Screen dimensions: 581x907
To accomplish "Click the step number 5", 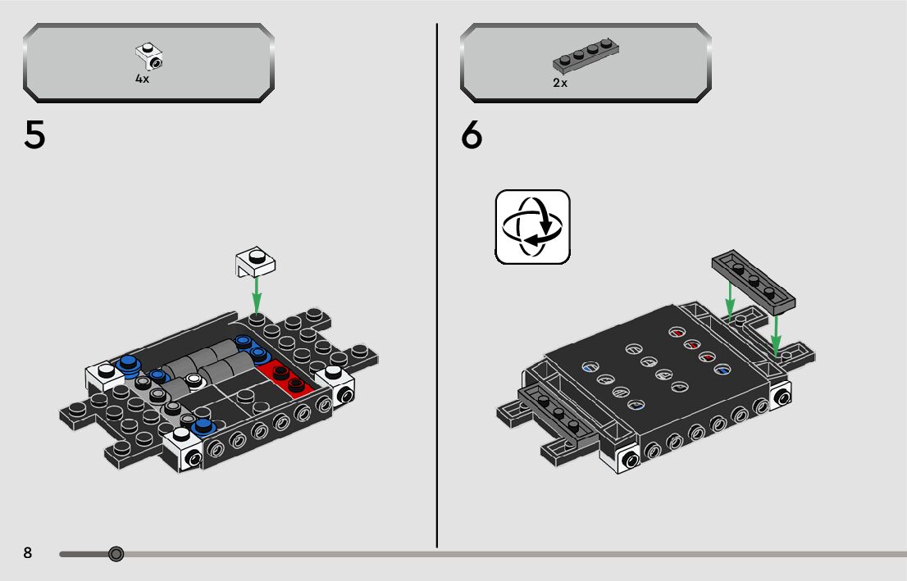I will pos(35,135).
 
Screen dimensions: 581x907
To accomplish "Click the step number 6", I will pos(472,135).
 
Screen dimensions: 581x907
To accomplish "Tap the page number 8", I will pos(28,553).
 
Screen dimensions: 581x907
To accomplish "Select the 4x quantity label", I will pos(142,79).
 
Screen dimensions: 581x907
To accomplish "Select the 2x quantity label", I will pos(560,83).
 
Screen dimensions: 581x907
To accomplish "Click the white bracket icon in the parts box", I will pos(149,56).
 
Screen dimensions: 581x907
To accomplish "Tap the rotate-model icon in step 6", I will pos(532,227).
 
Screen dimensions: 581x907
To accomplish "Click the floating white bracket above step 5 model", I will pos(255,261).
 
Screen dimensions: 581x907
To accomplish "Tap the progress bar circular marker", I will pos(116,555).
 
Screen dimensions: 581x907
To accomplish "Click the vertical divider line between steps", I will pos(437,287).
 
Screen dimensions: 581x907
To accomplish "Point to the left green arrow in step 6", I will pos(729,299).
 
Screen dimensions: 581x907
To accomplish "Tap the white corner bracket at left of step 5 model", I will pos(102,375).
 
